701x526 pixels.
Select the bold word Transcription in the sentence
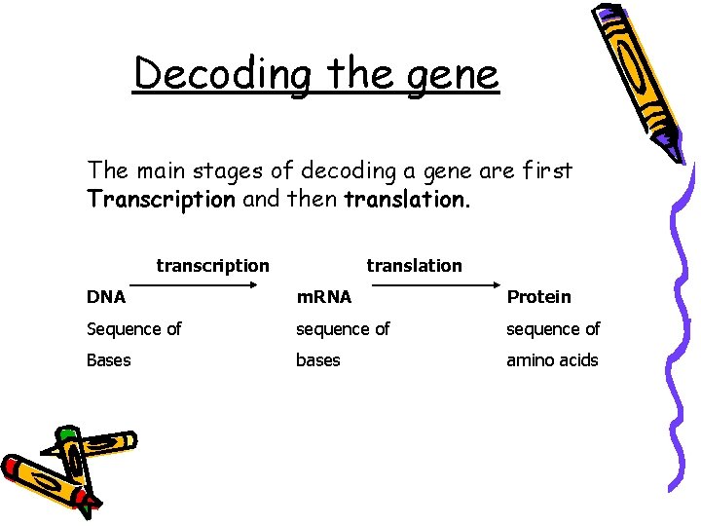[161, 201]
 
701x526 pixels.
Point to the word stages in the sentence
[237, 170]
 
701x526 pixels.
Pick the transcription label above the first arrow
[212, 265]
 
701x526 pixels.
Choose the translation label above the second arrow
[414, 265]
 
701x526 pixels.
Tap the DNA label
[105, 296]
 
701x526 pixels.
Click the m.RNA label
[323, 296]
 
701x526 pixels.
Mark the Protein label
[538, 296]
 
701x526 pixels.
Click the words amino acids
[551, 360]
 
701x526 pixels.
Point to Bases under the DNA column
[108, 360]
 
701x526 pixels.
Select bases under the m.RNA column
[318, 360]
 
